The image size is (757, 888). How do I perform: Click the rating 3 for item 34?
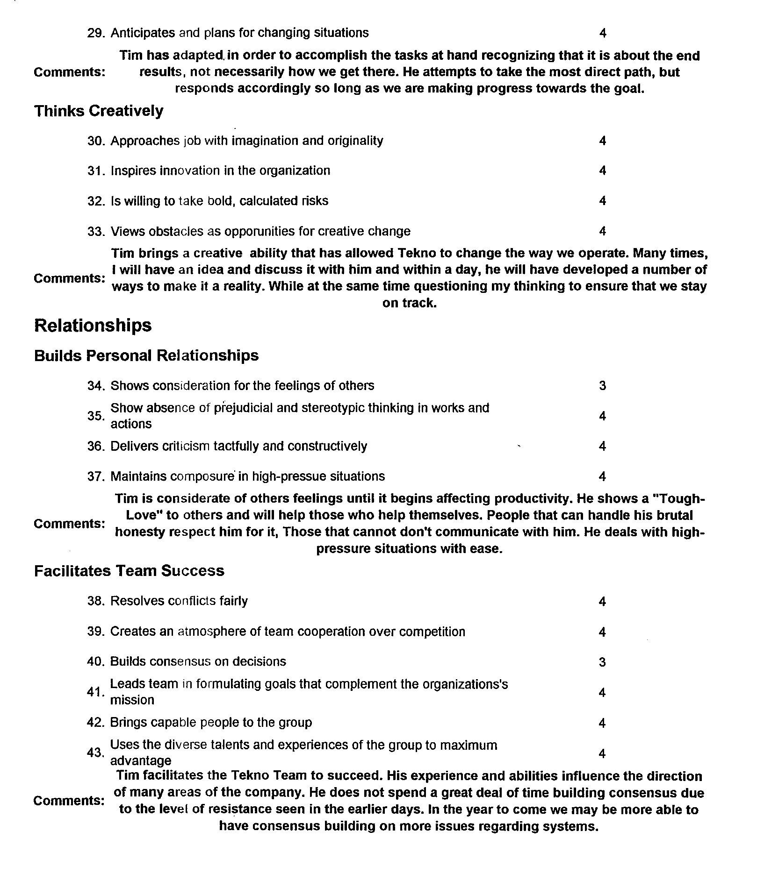tap(602, 385)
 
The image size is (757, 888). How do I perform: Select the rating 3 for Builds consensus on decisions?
tap(602, 662)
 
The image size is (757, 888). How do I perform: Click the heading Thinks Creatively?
tap(99, 111)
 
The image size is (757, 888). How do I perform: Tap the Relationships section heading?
tap(93, 326)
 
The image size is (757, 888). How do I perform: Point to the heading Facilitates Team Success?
tap(129, 571)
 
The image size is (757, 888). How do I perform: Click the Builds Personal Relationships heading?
tap(146, 355)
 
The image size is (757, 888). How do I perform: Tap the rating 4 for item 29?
tap(603, 33)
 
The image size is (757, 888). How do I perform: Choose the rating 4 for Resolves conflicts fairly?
tap(602, 601)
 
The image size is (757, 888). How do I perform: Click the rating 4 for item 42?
tap(602, 723)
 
